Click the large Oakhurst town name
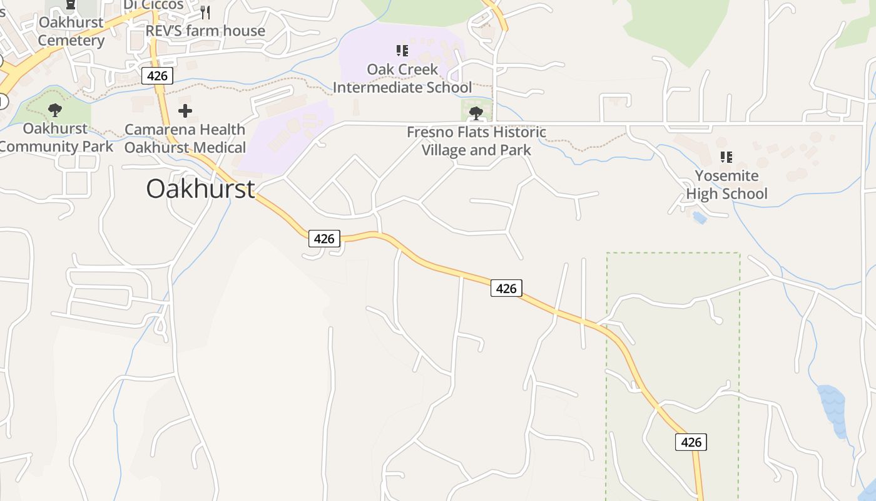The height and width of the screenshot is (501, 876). point(200,189)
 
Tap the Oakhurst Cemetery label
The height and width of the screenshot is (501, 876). point(71,31)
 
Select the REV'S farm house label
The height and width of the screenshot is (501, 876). point(205,31)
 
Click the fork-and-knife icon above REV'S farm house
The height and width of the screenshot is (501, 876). point(205,13)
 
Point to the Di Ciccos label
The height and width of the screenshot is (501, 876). point(153,5)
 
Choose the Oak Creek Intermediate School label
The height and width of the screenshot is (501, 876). point(402,78)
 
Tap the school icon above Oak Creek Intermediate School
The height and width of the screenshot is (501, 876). point(402,50)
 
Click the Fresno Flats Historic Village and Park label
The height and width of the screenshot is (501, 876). point(476,141)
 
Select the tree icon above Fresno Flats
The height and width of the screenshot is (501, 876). point(476,113)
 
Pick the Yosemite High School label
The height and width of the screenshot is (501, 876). point(726,185)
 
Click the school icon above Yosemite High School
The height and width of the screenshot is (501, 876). point(726,157)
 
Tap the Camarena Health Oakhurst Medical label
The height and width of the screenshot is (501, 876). point(185,138)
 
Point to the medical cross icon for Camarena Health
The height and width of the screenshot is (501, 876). point(185,111)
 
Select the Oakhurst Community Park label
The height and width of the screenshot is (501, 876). point(56,138)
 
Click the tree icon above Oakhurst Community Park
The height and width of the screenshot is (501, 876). point(55,110)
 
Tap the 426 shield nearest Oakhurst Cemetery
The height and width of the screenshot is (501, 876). point(157,76)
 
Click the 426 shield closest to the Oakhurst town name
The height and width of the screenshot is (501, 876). point(324,238)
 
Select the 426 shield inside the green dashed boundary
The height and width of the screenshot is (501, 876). point(691,442)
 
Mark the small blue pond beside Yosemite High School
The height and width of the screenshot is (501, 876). point(700,217)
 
